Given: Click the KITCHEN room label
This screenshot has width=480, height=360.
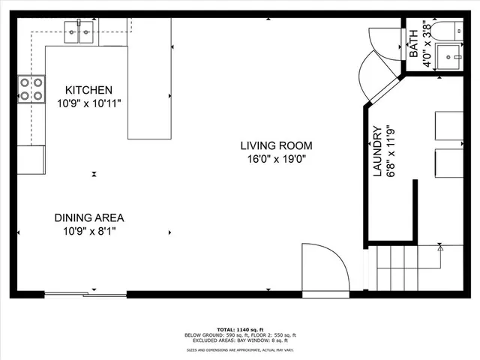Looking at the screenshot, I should [x=88, y=89].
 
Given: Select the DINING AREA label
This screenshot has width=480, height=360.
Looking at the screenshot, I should [x=88, y=218].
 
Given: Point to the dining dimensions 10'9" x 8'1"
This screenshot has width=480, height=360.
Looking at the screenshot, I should [x=88, y=231].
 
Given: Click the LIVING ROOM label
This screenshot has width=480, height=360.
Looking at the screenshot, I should [x=276, y=145].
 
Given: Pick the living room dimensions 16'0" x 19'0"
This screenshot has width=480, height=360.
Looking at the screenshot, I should [x=276, y=158].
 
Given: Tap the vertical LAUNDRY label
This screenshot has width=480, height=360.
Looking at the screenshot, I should [x=378, y=151].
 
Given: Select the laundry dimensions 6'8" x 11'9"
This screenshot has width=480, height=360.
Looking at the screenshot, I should [x=390, y=151].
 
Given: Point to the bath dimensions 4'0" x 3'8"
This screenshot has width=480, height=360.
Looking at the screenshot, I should [x=427, y=45].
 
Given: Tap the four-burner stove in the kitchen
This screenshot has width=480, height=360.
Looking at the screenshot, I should [x=31, y=88].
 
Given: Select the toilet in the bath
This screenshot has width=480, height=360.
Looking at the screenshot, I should [x=448, y=31].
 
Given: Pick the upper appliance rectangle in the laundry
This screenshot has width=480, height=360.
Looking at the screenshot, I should [x=448, y=125].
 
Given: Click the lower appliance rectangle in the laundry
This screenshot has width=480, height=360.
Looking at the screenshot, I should [x=448, y=163].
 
